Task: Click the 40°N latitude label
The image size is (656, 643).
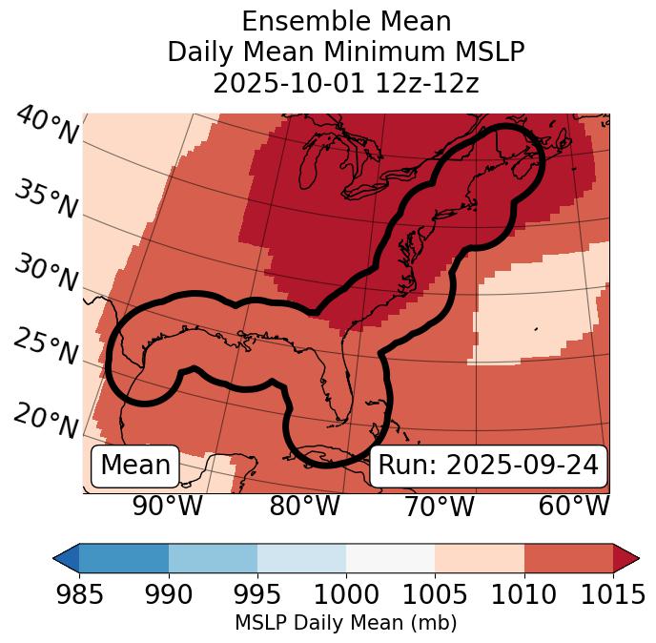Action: click(x=47, y=127)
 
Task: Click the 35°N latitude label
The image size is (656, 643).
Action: click(x=45, y=200)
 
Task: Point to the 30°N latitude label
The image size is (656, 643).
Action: click(x=45, y=275)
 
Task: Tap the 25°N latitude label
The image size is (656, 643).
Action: click(x=45, y=347)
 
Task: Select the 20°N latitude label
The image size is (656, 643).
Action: click(x=45, y=421)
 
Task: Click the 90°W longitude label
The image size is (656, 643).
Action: click(x=168, y=507)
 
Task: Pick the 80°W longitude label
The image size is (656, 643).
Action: click(x=305, y=507)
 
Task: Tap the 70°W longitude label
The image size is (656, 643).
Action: click(x=440, y=507)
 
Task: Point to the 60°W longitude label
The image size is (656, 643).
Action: click(x=574, y=507)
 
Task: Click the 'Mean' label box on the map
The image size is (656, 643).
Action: click(x=135, y=466)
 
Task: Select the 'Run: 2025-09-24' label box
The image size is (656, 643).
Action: click(x=488, y=466)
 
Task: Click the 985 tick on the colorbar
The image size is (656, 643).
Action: click(x=79, y=594)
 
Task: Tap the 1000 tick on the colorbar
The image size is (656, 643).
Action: click(x=346, y=594)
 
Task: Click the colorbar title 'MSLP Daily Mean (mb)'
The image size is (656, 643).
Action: click(x=345, y=624)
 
